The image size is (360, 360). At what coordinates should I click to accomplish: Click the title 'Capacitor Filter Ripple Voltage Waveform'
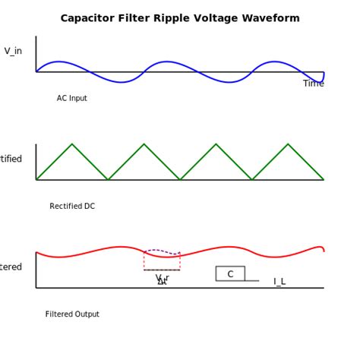[x=180, y=18]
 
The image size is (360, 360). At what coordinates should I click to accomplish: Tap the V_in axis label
[x=13, y=51]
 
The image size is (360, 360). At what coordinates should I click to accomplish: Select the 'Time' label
[x=313, y=84]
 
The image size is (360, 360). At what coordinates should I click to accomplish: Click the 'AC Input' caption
[x=72, y=99]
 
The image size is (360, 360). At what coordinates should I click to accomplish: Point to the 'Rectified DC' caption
[x=72, y=207]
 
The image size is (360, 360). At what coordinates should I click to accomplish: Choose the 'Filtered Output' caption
[x=72, y=314]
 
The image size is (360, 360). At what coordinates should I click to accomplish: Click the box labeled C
[x=230, y=274]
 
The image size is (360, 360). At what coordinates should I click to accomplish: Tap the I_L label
[x=279, y=282]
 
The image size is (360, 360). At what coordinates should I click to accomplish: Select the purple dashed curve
[x=161, y=251]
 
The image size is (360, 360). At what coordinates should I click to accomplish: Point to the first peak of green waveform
[x=72, y=144]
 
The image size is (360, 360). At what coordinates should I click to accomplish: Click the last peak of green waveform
[x=288, y=144]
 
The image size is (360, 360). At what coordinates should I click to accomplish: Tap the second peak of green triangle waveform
[x=144, y=144]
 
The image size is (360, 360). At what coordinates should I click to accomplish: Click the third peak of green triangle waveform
[x=216, y=144]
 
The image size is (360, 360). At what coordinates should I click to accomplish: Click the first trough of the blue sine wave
[x=122, y=82]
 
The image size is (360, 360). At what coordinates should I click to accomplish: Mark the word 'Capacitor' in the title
[x=86, y=18]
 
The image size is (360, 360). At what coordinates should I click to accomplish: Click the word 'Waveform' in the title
[x=273, y=18]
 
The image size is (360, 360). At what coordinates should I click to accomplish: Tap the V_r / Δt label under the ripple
[x=162, y=279]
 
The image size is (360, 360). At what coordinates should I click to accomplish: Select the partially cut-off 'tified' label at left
[x=11, y=159]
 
